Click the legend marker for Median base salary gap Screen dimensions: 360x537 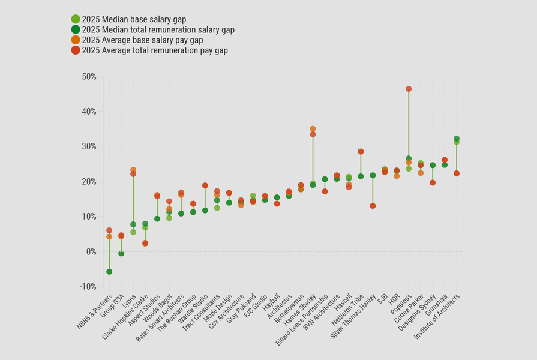pyautogui.click(x=76, y=19)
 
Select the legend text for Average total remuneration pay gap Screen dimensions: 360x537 pyautogui.click(x=155, y=50)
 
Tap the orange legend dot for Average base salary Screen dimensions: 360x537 pyautogui.click(x=76, y=40)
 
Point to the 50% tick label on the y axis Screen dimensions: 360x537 pyautogui.click(x=89, y=77)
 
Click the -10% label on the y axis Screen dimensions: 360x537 pyautogui.click(x=88, y=286)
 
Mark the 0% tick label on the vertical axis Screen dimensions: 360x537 pyautogui.click(x=90, y=251)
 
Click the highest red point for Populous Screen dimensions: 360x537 pyautogui.click(x=409, y=89)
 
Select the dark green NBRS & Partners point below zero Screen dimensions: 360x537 pyautogui.click(x=109, y=272)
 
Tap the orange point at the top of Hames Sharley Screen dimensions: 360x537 pyautogui.click(x=313, y=129)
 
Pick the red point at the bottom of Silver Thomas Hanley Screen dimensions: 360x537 pyautogui.click(x=373, y=206)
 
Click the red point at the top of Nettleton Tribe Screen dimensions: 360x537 pyautogui.click(x=361, y=152)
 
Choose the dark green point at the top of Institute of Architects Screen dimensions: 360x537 pyautogui.click(x=457, y=139)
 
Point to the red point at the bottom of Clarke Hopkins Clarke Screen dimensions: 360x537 pyautogui.click(x=145, y=243)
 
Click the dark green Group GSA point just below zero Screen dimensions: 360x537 pyautogui.click(x=121, y=254)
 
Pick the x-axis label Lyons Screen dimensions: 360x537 pyautogui.click(x=128, y=302)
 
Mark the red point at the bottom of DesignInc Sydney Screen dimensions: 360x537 pyautogui.click(x=433, y=182)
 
